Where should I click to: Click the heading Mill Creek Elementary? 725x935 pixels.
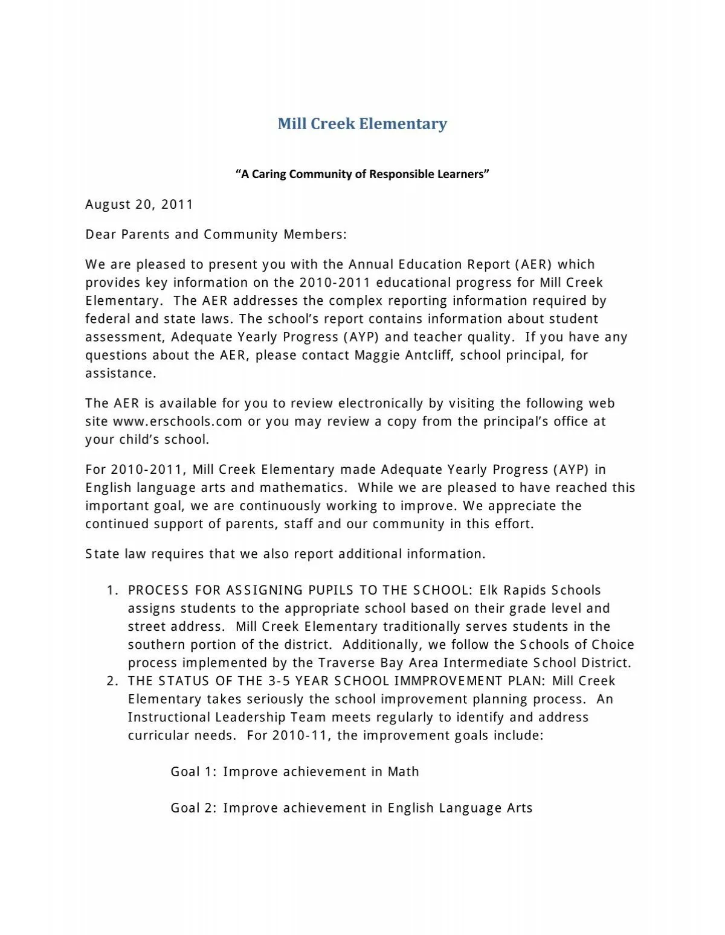coord(362,124)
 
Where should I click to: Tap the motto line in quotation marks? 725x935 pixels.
coord(362,174)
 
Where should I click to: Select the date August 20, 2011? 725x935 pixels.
coord(139,205)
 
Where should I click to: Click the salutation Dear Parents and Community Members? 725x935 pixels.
coord(216,235)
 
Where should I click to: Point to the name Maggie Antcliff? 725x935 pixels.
coord(402,356)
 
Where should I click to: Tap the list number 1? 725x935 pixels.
coord(112,591)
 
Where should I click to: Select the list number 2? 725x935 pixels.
coord(112,681)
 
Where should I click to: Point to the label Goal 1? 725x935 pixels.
coord(193,772)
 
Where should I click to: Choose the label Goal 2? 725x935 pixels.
coord(193,808)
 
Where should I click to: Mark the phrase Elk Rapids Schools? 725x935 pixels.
coord(540,591)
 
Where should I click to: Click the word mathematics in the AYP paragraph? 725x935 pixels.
coord(303,488)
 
